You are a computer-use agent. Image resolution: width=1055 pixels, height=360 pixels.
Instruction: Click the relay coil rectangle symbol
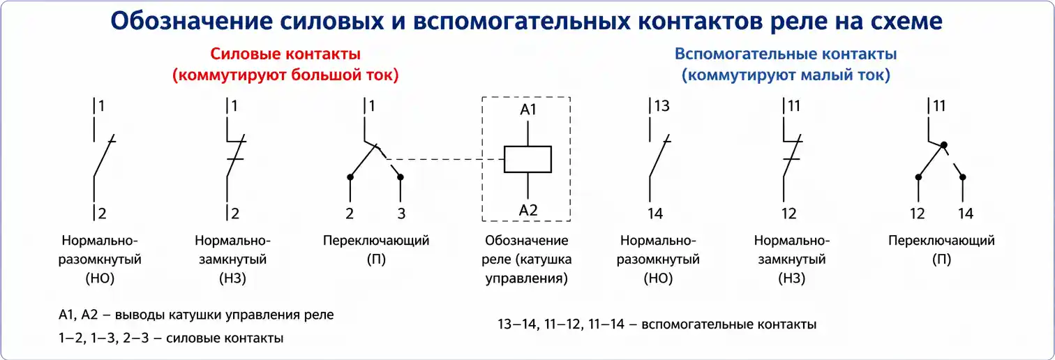(x=527, y=159)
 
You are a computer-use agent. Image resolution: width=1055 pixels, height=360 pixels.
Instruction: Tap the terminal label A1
(x=528, y=110)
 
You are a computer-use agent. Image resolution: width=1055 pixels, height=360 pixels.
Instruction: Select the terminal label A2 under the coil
(x=528, y=209)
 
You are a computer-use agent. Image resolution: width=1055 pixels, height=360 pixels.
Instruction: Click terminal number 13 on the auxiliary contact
(x=662, y=106)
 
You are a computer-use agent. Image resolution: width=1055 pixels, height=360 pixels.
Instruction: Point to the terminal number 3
(x=401, y=213)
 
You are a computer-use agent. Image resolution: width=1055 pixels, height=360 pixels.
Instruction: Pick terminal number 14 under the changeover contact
(x=965, y=213)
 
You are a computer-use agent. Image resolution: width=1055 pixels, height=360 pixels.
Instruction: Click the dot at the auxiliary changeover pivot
(x=943, y=145)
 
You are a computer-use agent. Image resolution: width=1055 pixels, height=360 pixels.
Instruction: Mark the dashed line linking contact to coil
(x=447, y=159)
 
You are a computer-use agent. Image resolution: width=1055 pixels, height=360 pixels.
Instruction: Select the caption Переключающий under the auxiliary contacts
(x=941, y=241)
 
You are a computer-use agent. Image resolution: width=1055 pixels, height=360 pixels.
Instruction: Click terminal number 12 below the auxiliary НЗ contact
(x=788, y=213)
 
